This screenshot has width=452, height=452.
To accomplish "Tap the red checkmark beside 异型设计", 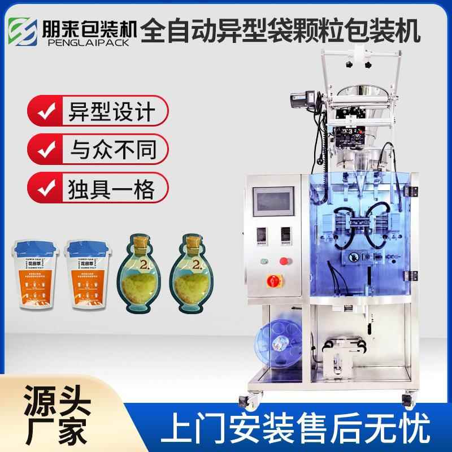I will pos(44,112).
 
